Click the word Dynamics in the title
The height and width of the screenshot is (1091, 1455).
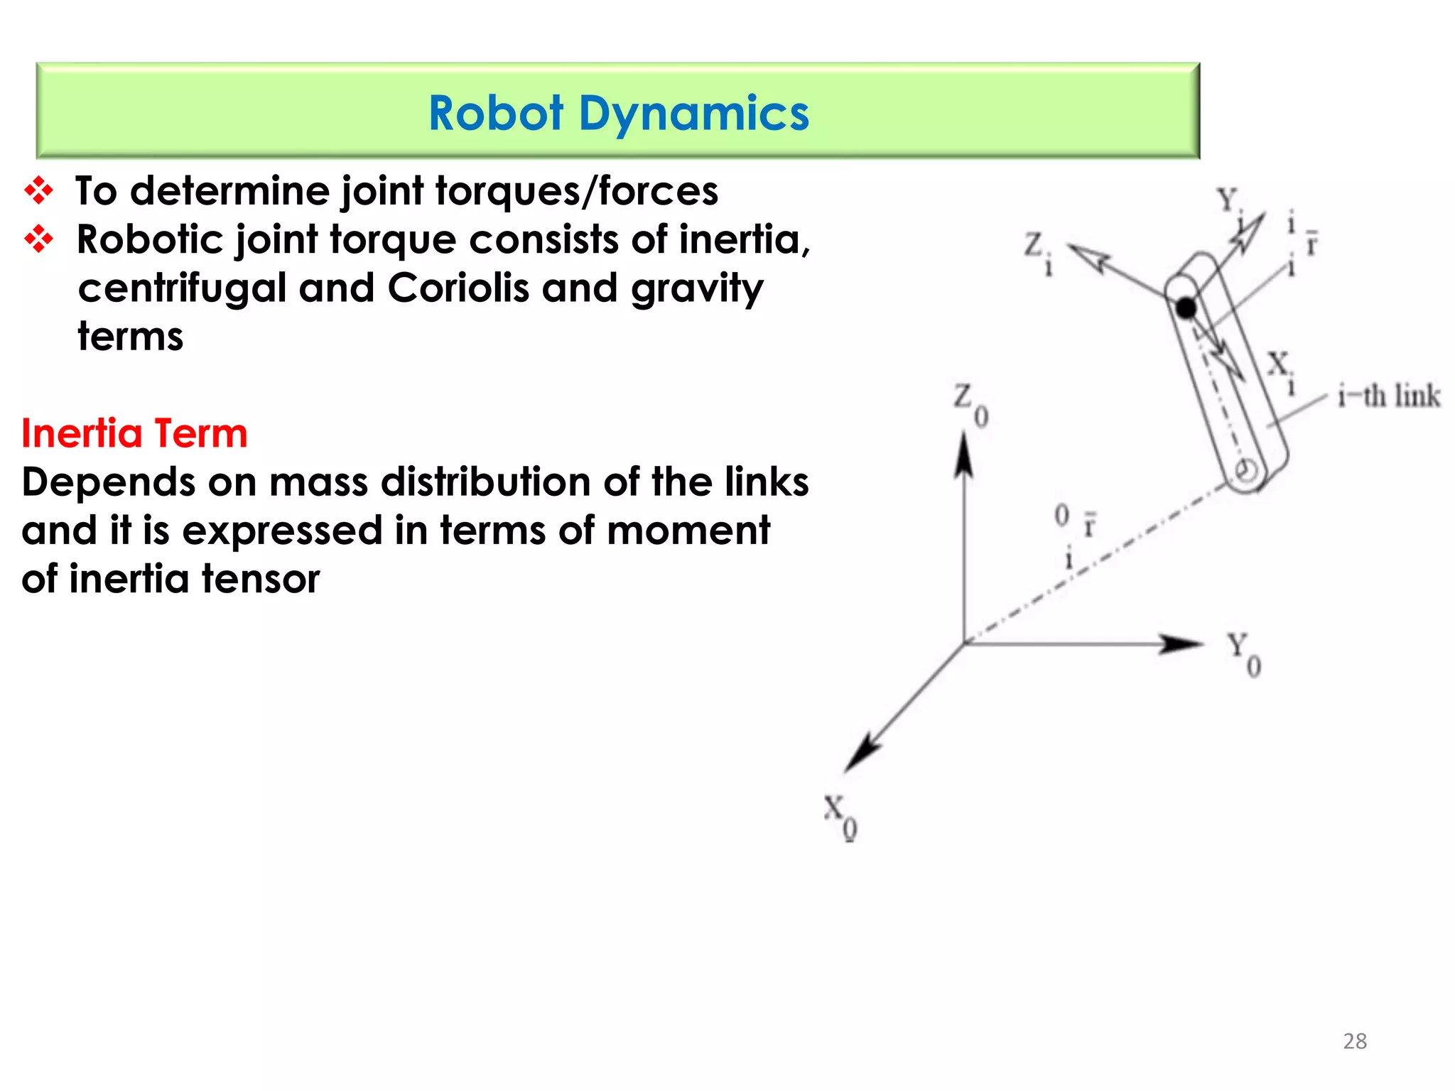(693, 114)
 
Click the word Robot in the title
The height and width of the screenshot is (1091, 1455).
(496, 114)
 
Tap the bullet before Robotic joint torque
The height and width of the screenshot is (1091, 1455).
(38, 239)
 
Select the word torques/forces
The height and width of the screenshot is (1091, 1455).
(576, 192)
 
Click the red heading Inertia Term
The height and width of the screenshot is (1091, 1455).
(134, 433)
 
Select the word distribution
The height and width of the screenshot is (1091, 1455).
(486, 482)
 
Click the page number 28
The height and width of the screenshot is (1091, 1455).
(1355, 1041)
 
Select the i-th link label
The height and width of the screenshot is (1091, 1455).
(1388, 396)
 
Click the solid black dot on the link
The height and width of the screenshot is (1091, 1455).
(1186, 308)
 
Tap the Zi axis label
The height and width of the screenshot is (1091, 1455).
(1037, 252)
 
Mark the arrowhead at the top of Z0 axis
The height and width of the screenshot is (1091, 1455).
(963, 452)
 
